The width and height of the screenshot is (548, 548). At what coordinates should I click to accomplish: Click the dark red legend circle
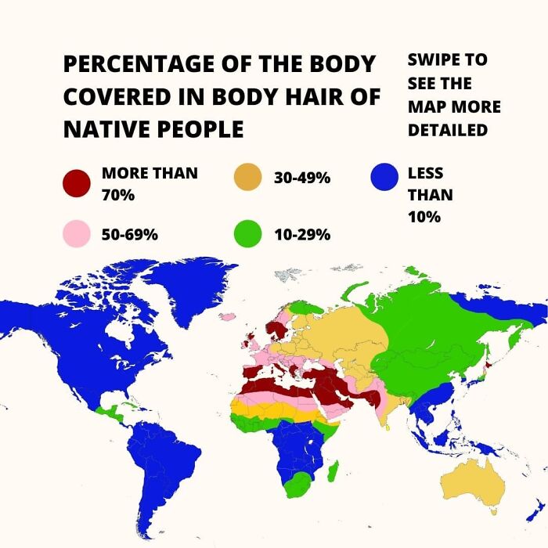click(76, 183)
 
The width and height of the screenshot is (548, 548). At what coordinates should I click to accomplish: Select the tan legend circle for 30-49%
click(247, 178)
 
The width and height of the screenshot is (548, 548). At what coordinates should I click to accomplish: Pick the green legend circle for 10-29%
click(247, 234)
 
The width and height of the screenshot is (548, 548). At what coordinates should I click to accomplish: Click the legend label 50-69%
click(130, 234)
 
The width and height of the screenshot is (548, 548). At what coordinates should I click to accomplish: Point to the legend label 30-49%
click(302, 178)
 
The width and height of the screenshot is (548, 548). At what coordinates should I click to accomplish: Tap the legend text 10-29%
click(302, 234)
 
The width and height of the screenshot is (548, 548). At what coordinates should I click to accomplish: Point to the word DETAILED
click(448, 129)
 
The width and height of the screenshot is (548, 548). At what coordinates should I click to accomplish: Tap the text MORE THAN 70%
click(150, 183)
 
